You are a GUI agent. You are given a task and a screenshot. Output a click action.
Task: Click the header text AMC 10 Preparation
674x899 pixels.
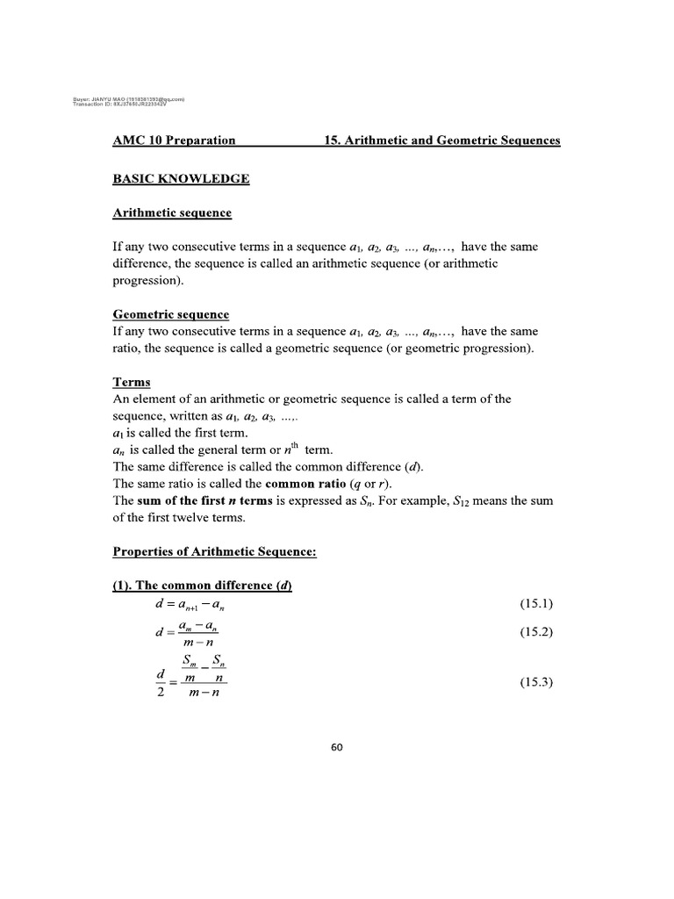coord(174,140)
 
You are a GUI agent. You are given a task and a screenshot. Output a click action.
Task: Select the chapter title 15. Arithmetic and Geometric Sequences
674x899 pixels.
coord(442,140)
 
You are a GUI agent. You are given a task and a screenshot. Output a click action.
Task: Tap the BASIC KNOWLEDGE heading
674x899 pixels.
coord(181,179)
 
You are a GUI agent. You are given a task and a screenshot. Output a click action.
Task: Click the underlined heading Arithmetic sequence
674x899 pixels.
coord(172,213)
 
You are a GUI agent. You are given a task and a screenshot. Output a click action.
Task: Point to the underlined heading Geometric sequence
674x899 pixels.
coord(171,314)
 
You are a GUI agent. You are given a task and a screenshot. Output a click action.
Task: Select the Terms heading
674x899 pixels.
coord(132,382)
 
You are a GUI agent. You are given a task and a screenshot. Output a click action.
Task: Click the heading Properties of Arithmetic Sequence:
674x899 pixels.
coord(214,551)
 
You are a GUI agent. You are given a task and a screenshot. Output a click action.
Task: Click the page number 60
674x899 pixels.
coord(337,748)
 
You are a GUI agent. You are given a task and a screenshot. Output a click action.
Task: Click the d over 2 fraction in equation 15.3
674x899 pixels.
coord(148,684)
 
